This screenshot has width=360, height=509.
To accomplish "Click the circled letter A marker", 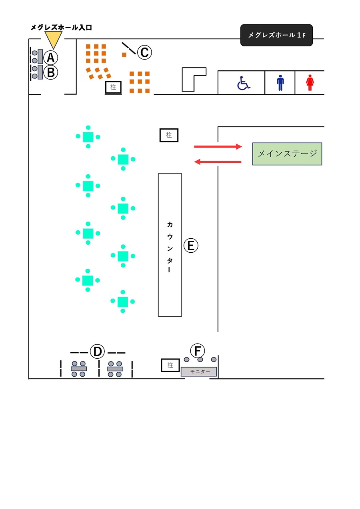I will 50,58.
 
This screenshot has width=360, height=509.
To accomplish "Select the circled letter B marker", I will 50,73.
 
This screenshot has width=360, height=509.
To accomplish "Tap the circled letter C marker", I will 144,52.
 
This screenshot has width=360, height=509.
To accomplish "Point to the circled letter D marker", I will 97,352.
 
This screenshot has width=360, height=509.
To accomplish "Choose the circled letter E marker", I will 191,245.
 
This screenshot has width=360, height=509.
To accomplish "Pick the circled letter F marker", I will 197,351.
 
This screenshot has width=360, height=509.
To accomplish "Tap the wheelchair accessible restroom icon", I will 243,83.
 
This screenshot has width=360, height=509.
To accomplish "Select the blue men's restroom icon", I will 280,83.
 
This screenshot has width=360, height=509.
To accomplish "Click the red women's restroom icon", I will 310,83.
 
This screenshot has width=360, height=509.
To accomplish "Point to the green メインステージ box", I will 287,154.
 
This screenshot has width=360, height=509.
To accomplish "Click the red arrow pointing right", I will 218,147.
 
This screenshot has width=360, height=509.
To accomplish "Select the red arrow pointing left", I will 218,162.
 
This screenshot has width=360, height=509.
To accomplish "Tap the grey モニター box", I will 199,371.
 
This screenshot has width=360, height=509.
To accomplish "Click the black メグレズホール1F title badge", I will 276,35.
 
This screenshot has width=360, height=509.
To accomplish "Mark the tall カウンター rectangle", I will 170,245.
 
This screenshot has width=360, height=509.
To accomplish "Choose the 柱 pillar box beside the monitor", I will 170,365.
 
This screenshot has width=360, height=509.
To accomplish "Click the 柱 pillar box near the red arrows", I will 169,135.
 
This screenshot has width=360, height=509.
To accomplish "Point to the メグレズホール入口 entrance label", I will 61,27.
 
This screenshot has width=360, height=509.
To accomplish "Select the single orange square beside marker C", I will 124,54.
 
